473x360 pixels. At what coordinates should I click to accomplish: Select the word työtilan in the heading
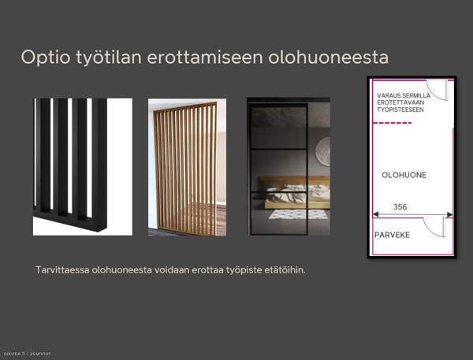coord(99,58)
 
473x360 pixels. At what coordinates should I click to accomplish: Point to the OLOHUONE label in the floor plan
coord(404,175)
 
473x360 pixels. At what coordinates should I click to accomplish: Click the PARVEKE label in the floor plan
coord(392,235)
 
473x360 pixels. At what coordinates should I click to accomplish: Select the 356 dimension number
coord(400,207)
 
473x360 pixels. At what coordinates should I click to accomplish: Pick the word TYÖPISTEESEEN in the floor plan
coord(400,110)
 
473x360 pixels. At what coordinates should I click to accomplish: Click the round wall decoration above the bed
coord(322,150)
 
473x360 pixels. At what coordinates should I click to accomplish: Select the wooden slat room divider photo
coord(187,167)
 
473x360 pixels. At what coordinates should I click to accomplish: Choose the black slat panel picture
coord(82,166)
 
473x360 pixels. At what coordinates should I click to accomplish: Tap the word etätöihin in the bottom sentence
coord(284,270)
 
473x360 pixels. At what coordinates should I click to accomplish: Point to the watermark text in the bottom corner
coord(27,354)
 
